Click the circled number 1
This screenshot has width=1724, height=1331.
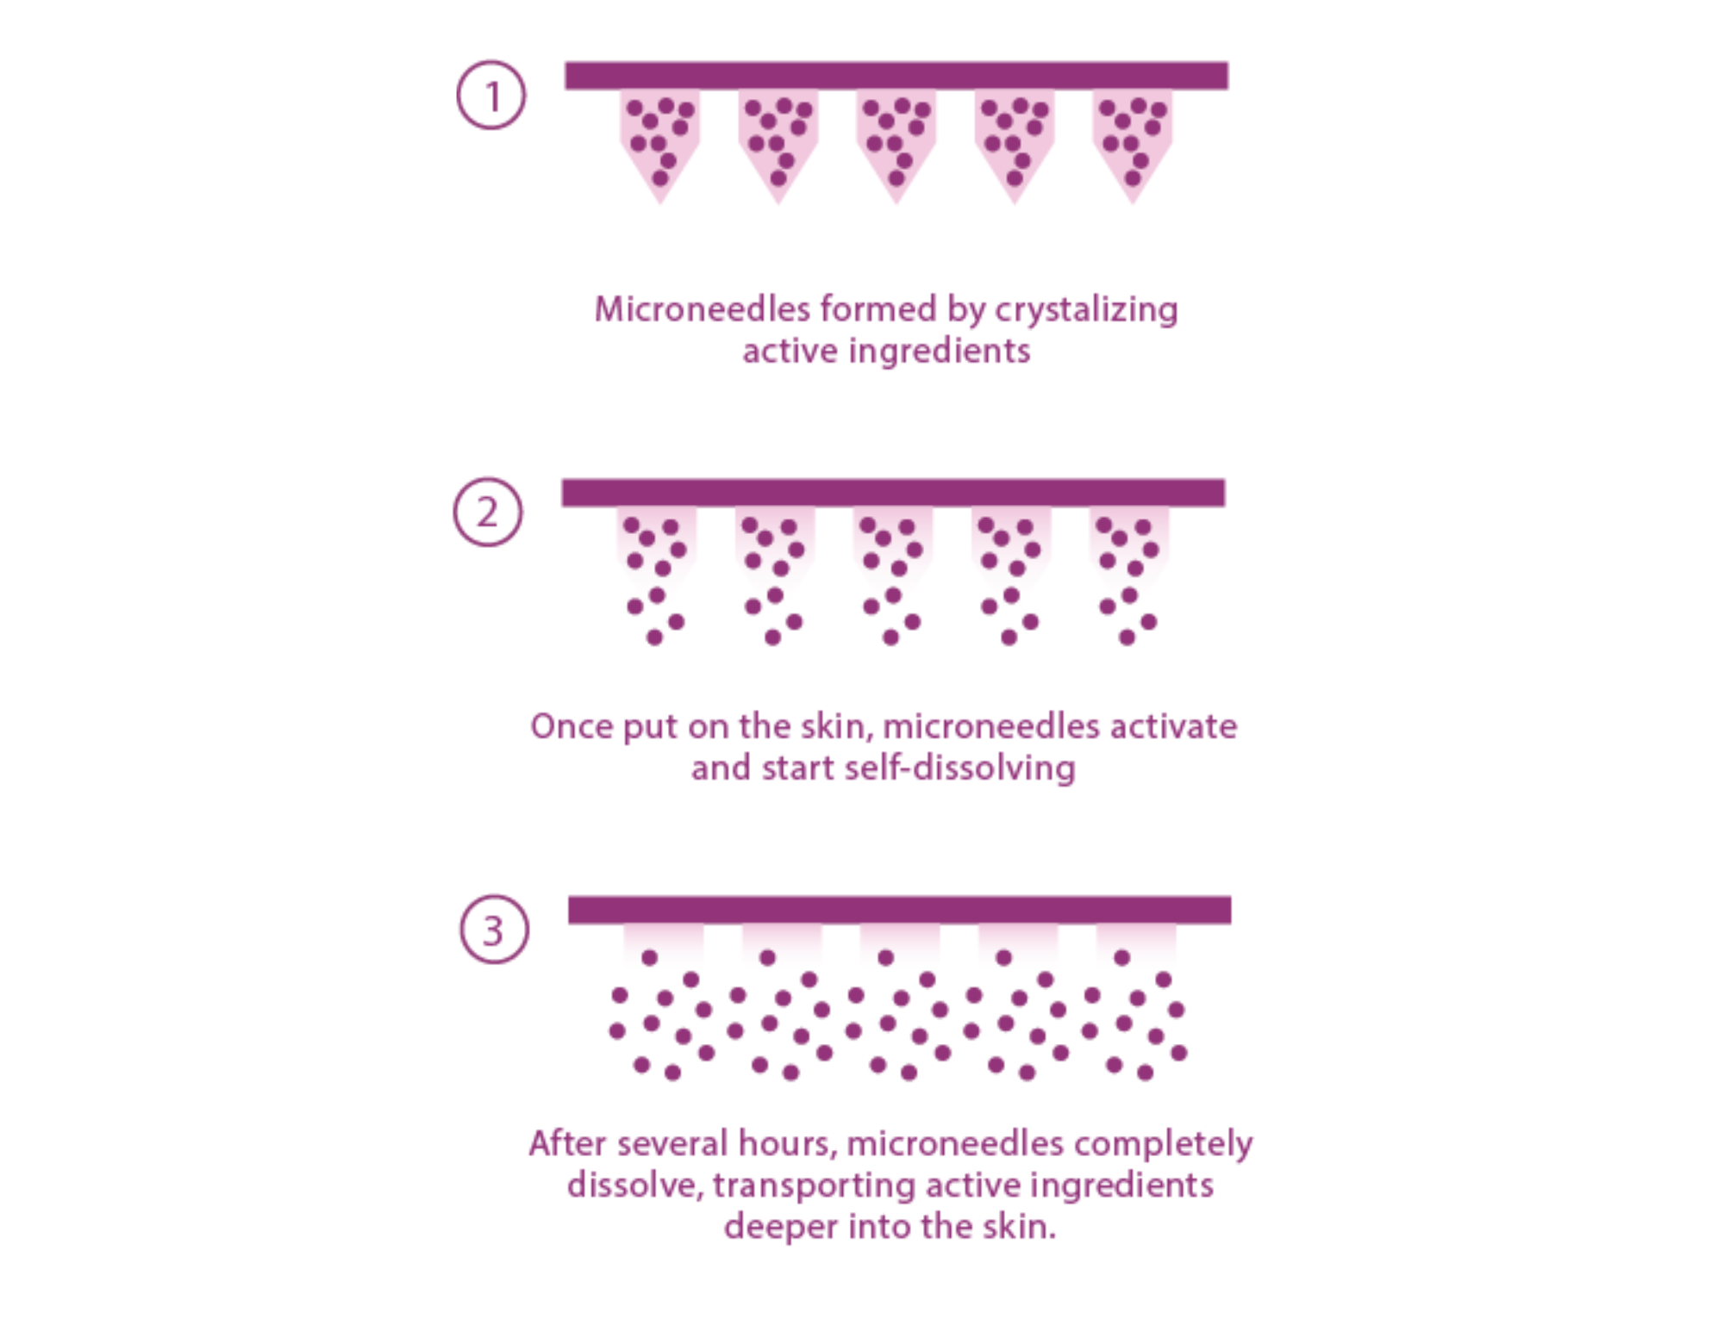pyautogui.click(x=491, y=95)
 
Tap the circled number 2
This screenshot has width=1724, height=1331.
pyautogui.click(x=488, y=512)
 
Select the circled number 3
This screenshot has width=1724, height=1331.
pyautogui.click(x=493, y=930)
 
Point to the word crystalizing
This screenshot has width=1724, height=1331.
pyautogui.click(x=1086, y=310)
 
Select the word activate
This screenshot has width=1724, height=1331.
pyautogui.click(x=1173, y=726)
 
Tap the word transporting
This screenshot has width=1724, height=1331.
pyautogui.click(x=814, y=1186)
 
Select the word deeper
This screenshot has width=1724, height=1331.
pyautogui.click(x=780, y=1227)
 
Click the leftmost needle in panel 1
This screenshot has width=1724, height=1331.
pyautogui.click(x=660, y=142)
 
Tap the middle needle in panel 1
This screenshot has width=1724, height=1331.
pyautogui.click(x=896, y=142)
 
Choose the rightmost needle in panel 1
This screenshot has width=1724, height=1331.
pyautogui.click(x=1133, y=142)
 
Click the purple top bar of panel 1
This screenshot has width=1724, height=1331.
pyautogui.click(x=896, y=74)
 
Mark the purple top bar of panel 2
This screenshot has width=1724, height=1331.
pyautogui.click(x=893, y=491)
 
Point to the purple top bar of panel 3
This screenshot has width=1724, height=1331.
pyautogui.click(x=899, y=909)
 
